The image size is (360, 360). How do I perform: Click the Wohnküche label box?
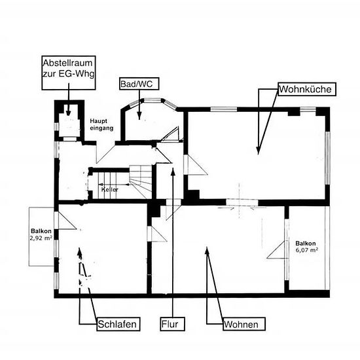(x=307, y=89)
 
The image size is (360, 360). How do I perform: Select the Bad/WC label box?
(x=139, y=84)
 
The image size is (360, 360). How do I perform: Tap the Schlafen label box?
(x=118, y=324)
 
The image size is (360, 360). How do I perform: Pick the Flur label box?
(x=172, y=324)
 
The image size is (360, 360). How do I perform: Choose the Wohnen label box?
(x=244, y=324)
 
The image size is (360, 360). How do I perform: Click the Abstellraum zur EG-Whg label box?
(x=69, y=73)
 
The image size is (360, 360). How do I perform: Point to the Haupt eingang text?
(x=101, y=124)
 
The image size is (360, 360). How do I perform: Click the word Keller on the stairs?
(x=110, y=190)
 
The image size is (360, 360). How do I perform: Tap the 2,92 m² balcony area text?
(x=41, y=238)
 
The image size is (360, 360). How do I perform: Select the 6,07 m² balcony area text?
(x=306, y=250)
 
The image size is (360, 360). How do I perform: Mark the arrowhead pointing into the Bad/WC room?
(x=139, y=115)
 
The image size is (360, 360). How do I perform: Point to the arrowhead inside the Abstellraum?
(x=68, y=113)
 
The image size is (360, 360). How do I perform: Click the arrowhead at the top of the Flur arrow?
(x=173, y=171)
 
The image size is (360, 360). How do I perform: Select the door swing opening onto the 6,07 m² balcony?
(x=276, y=250)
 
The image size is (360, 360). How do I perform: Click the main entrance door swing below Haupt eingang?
(x=105, y=153)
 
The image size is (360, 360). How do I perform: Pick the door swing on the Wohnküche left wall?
(x=196, y=165)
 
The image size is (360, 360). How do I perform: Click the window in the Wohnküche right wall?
(x=328, y=158)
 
